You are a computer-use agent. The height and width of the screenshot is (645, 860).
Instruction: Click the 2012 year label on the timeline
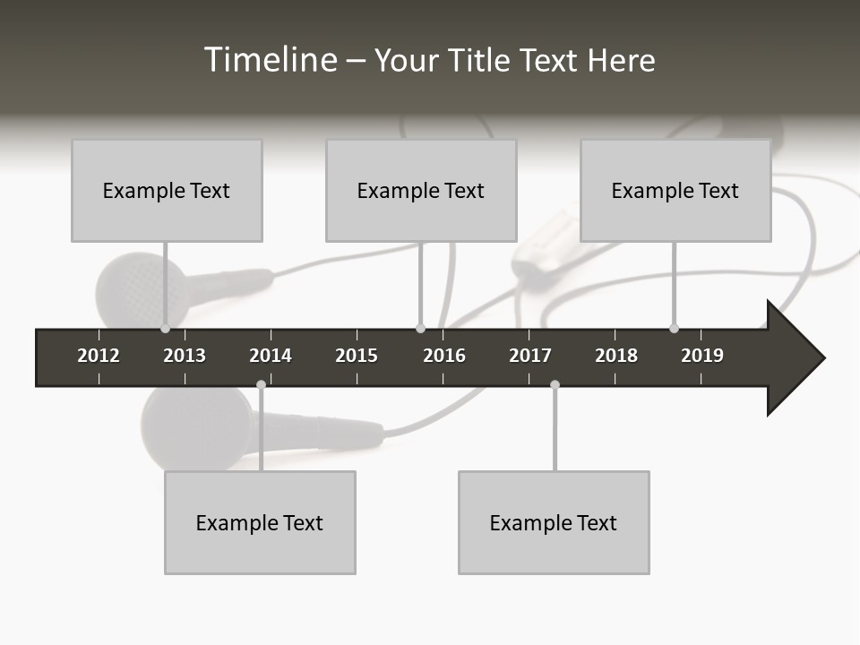point(99,356)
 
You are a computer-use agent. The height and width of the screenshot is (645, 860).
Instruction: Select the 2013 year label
point(185,356)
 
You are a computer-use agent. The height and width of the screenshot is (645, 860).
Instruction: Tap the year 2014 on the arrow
point(271,356)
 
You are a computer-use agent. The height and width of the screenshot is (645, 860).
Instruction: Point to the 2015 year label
point(357,356)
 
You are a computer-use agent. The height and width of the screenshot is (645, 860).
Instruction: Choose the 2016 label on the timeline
point(444,356)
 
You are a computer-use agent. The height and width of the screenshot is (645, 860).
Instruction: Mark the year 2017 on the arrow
point(530,356)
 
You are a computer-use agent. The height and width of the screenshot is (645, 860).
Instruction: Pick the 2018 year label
point(616,356)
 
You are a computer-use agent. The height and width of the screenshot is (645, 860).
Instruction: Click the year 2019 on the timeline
point(702,356)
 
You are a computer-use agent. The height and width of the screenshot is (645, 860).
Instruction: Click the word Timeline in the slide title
point(270,60)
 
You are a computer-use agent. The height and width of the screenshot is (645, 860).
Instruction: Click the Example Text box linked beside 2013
point(167,190)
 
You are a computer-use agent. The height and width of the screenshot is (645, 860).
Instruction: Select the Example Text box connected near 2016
point(421,190)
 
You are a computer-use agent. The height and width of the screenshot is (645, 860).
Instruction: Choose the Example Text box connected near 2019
point(675,190)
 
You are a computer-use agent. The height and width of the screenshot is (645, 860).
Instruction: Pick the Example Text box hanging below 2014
point(260,522)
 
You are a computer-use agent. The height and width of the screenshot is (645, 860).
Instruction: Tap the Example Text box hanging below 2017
point(554,522)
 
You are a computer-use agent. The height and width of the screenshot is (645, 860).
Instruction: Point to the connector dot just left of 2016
point(421,329)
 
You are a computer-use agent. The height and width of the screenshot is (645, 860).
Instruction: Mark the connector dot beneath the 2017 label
point(555,384)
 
